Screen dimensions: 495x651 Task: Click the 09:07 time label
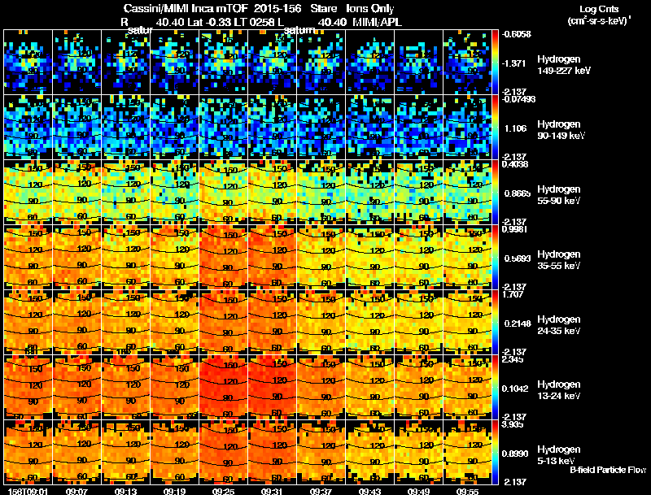click(77, 491)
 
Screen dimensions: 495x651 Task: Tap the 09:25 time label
click(224, 491)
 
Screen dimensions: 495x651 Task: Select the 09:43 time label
click(370, 491)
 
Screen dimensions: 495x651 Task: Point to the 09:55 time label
click(468, 491)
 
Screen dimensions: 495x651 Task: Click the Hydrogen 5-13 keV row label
click(557, 455)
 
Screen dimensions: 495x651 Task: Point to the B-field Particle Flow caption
click(608, 470)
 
